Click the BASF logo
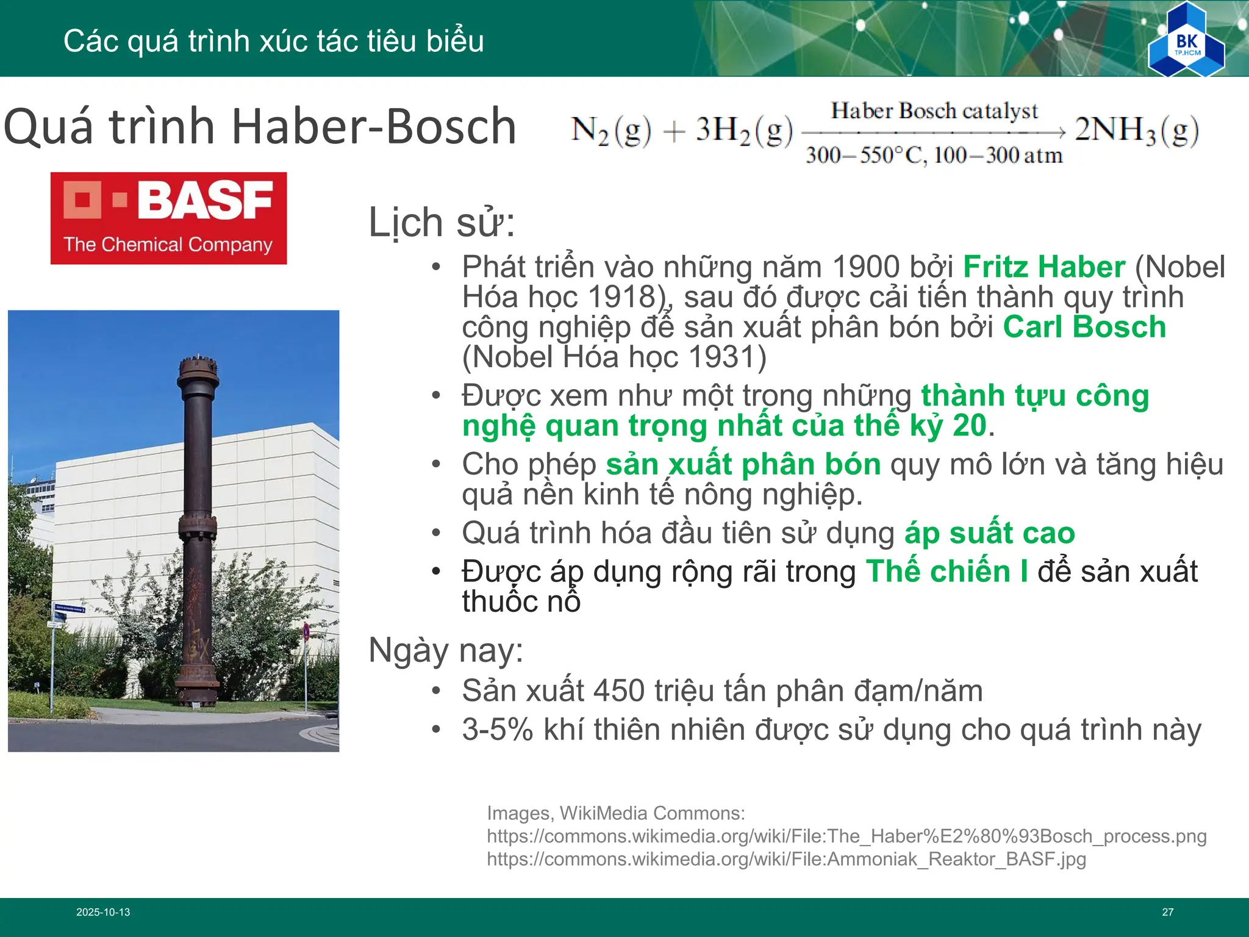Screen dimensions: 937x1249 click(168, 218)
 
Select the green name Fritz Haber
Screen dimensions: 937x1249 click(1043, 267)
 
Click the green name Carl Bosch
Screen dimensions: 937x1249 click(1084, 327)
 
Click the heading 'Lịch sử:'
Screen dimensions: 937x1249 click(442, 223)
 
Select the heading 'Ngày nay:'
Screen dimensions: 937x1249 click(446, 650)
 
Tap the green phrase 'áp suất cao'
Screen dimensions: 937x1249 click(989, 533)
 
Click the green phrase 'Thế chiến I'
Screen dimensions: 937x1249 click(947, 572)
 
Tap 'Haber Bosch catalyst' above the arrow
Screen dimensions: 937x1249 click(934, 111)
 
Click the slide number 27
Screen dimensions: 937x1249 click(1167, 912)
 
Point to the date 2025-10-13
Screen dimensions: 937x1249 click(103, 912)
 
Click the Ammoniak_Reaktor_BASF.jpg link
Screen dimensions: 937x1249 click(786, 859)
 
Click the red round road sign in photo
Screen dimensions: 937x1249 click(306, 631)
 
